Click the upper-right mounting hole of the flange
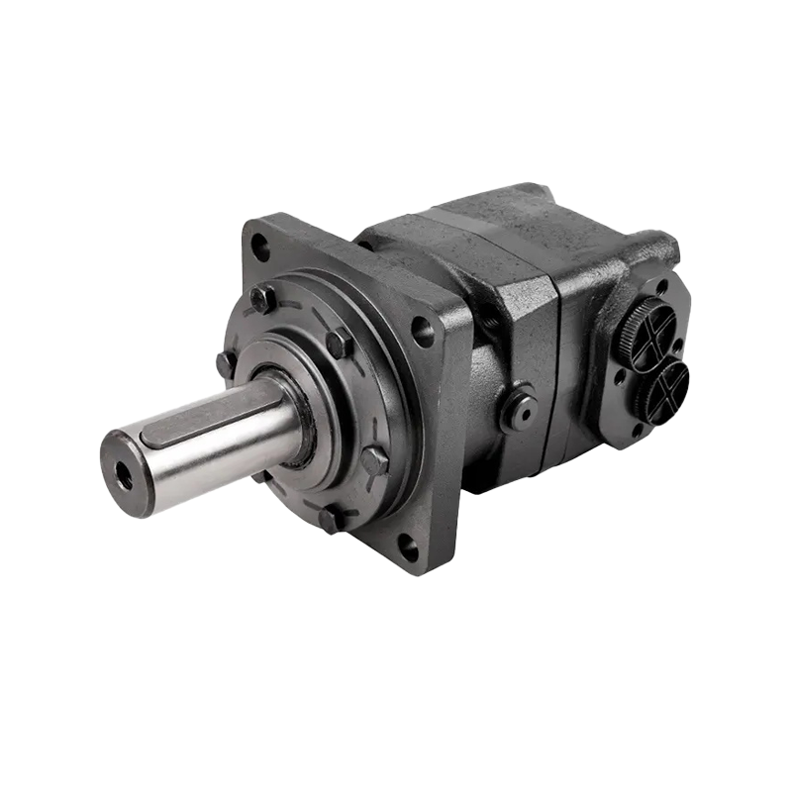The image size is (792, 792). [423, 331]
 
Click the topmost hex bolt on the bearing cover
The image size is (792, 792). [262, 298]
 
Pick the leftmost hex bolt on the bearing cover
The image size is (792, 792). [227, 364]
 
